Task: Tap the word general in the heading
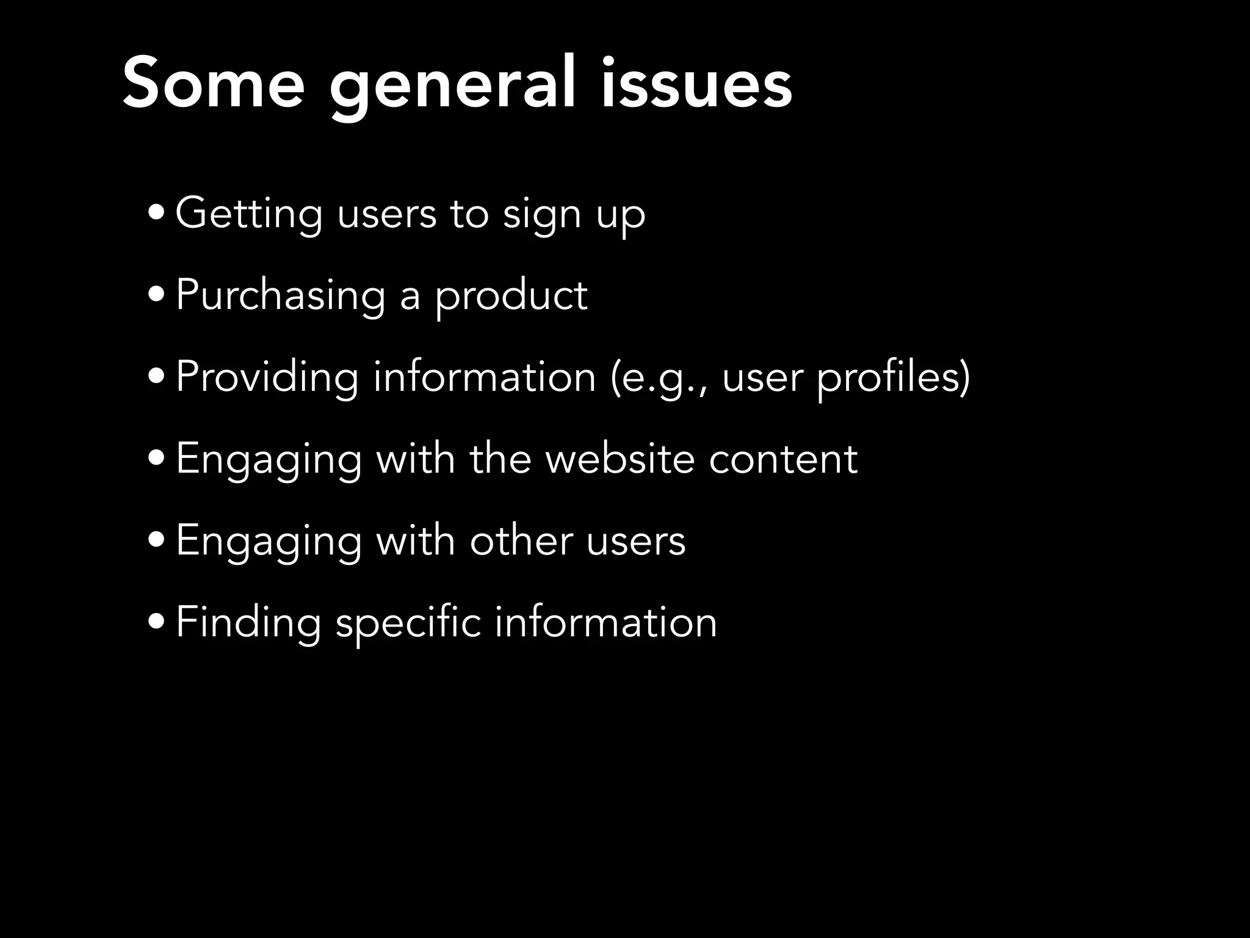452,85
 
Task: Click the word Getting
249,214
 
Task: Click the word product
511,296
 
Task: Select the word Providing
267,377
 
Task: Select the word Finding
248,623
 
